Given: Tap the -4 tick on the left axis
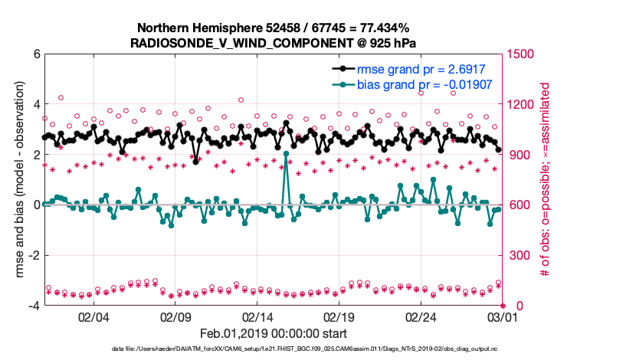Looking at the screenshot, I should pyautogui.click(x=34, y=306).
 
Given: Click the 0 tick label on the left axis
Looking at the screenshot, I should pyautogui.click(x=36, y=205).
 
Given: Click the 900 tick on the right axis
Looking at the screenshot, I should pyautogui.click(x=521, y=155).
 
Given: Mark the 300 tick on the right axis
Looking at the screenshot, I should pyautogui.click(x=521, y=255).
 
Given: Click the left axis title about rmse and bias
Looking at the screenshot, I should pyautogui.click(x=21, y=180).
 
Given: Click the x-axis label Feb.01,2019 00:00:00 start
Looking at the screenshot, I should pyautogui.click(x=274, y=334).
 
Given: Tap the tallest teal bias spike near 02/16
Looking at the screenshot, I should pyautogui.click(x=286, y=153).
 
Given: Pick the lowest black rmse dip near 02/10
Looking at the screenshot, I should pyautogui.click(x=196, y=162).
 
